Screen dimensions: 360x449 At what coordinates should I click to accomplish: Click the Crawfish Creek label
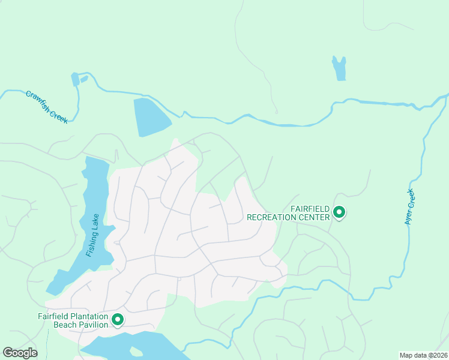pos(46,107)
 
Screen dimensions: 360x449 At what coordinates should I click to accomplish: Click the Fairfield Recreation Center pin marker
pos(339,212)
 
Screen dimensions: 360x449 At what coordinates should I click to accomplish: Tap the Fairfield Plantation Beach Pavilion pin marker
pos(118,320)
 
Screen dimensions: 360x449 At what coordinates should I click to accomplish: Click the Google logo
pos(20,353)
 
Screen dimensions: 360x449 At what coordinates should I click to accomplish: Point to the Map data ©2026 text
pos(423,355)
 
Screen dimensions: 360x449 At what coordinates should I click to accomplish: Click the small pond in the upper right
pos(340,68)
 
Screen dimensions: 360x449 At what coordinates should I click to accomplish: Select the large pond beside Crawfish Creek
pos(150,116)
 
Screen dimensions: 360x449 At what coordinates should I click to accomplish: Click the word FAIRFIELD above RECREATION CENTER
pos(310,208)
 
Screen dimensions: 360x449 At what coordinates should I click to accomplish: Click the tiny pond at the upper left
pos(76,79)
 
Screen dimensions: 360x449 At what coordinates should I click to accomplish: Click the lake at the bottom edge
pos(132,346)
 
